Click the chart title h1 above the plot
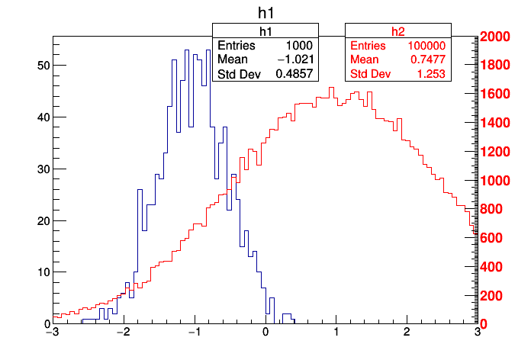click(265, 13)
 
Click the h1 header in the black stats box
click(265, 31)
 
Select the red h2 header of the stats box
click(398, 31)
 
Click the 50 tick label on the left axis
click(43, 66)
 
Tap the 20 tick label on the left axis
click(43, 221)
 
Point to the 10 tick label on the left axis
click(43, 272)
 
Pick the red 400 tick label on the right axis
click(492, 267)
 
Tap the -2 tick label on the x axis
click(122, 333)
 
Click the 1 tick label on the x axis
click(336, 333)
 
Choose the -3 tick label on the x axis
click(52, 333)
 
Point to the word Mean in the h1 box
click(232, 59)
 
